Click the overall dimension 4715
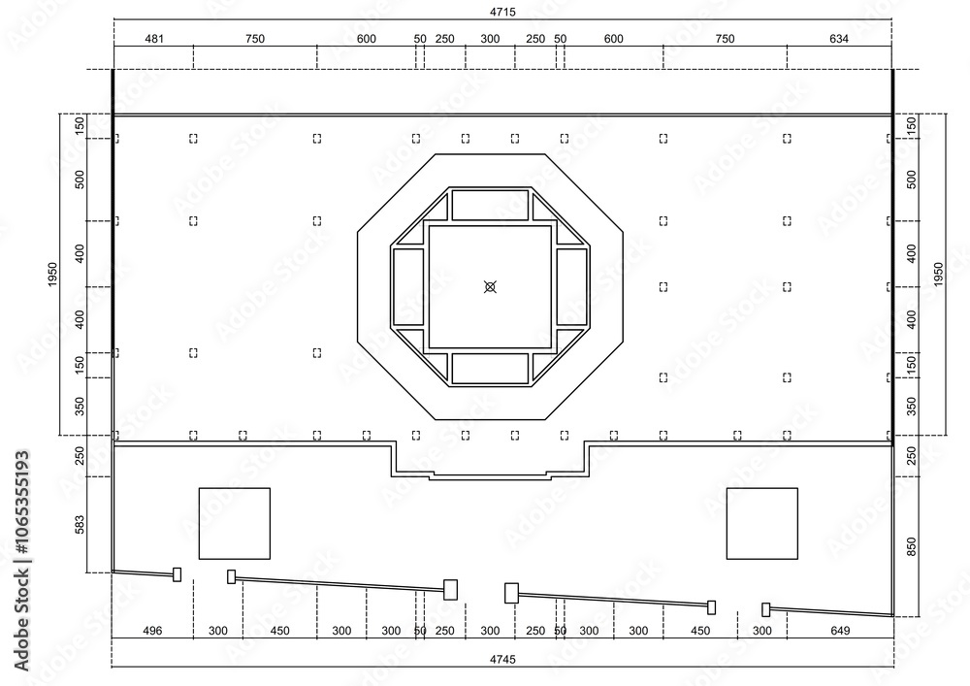pos(502,12)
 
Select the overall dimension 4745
pos(502,659)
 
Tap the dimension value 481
pos(153,39)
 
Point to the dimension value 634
pos(839,39)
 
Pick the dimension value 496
pos(152,631)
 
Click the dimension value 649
pos(839,631)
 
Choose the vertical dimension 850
pos(910,546)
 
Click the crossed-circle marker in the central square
pos(491,286)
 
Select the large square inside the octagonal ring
pos(490,286)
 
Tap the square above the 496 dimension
pos(234,523)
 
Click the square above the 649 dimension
pos(761,523)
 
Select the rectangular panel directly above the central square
pos(490,205)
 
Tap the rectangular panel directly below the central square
pos(490,368)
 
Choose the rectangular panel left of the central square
pos(408,286)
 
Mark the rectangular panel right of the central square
pos(572,286)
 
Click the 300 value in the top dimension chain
pos(490,39)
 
